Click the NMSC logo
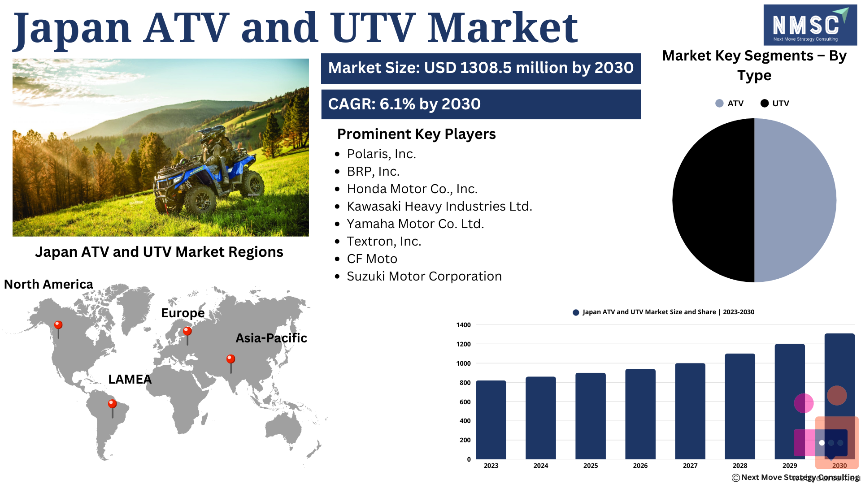(x=810, y=25)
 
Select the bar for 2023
(x=491, y=420)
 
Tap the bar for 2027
(x=690, y=411)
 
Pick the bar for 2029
(x=790, y=402)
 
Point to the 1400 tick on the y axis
(x=463, y=325)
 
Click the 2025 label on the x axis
(x=591, y=466)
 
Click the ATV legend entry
(x=730, y=104)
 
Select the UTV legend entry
(x=775, y=104)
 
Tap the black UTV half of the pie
(x=713, y=200)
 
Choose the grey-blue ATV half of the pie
(x=795, y=200)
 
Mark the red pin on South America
(x=112, y=408)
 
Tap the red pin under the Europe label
(x=187, y=335)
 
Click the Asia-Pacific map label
(x=271, y=338)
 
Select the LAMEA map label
(x=130, y=379)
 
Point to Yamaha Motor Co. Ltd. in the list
(x=415, y=224)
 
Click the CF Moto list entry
(x=372, y=259)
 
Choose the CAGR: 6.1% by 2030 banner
(x=481, y=104)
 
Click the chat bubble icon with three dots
(x=831, y=443)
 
